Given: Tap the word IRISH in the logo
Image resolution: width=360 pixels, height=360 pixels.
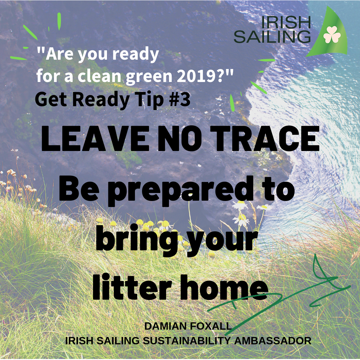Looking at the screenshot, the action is pyautogui.click(x=286, y=22).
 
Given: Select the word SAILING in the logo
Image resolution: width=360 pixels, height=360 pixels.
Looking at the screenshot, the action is pyautogui.click(x=272, y=37).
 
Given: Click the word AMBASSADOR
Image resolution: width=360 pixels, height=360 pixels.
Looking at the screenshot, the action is pyautogui.click(x=273, y=340).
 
